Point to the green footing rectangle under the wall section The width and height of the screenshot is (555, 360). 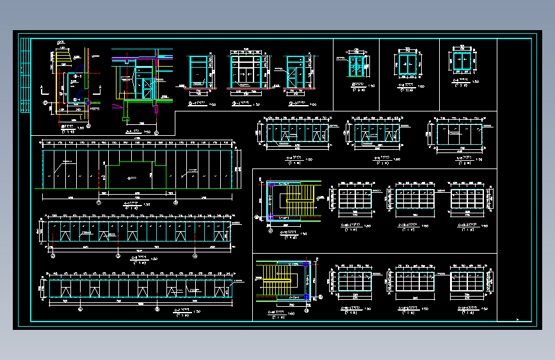point(125,118)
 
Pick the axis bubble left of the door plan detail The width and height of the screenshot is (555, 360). point(45,102)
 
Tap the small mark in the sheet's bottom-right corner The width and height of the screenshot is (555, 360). point(517,320)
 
